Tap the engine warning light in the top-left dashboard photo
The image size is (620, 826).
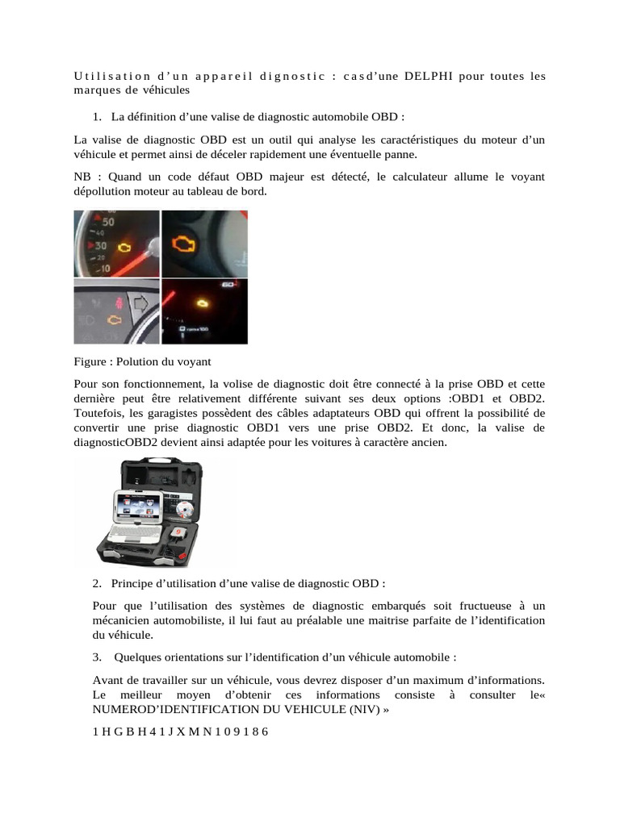[125, 243]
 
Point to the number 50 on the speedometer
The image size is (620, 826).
[107, 221]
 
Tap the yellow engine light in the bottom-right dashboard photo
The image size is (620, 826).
[202, 302]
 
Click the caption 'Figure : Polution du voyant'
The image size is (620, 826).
[142, 361]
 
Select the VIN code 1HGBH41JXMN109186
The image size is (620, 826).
[180, 732]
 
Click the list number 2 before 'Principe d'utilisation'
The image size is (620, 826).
[96, 582]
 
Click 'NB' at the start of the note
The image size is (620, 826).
[82, 177]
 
